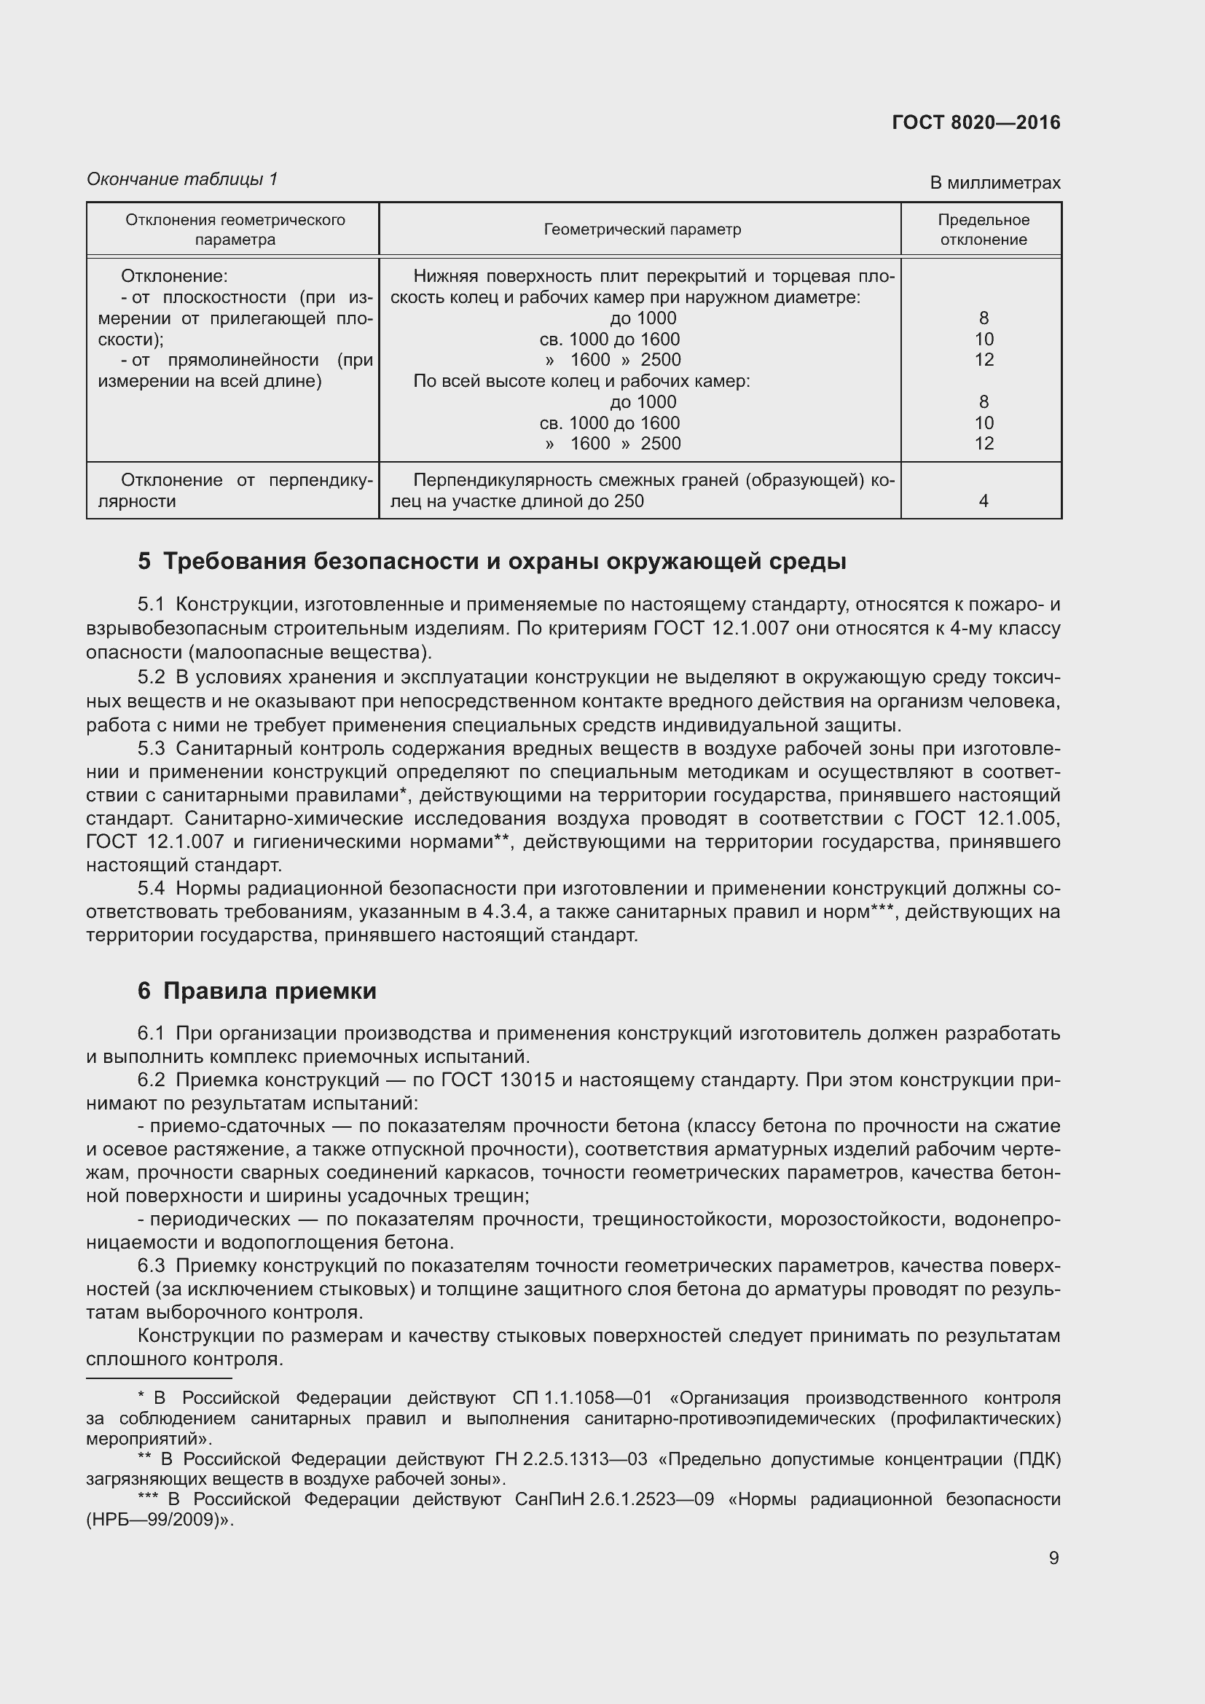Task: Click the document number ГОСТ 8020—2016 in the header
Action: tap(976, 123)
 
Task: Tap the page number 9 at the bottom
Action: tap(1053, 1557)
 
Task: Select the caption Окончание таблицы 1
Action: tap(182, 179)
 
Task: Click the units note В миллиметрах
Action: tap(995, 183)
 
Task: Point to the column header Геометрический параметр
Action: tap(642, 229)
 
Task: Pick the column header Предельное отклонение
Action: tap(983, 229)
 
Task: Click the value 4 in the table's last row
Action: tap(983, 501)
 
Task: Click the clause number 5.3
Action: tap(151, 748)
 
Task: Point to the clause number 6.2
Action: tap(151, 1079)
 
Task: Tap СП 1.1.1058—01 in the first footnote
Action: tap(581, 1398)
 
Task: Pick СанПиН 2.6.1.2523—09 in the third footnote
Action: tap(613, 1499)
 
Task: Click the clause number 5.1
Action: tap(151, 605)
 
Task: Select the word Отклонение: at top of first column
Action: tap(174, 276)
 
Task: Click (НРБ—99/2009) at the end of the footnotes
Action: tap(157, 1519)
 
